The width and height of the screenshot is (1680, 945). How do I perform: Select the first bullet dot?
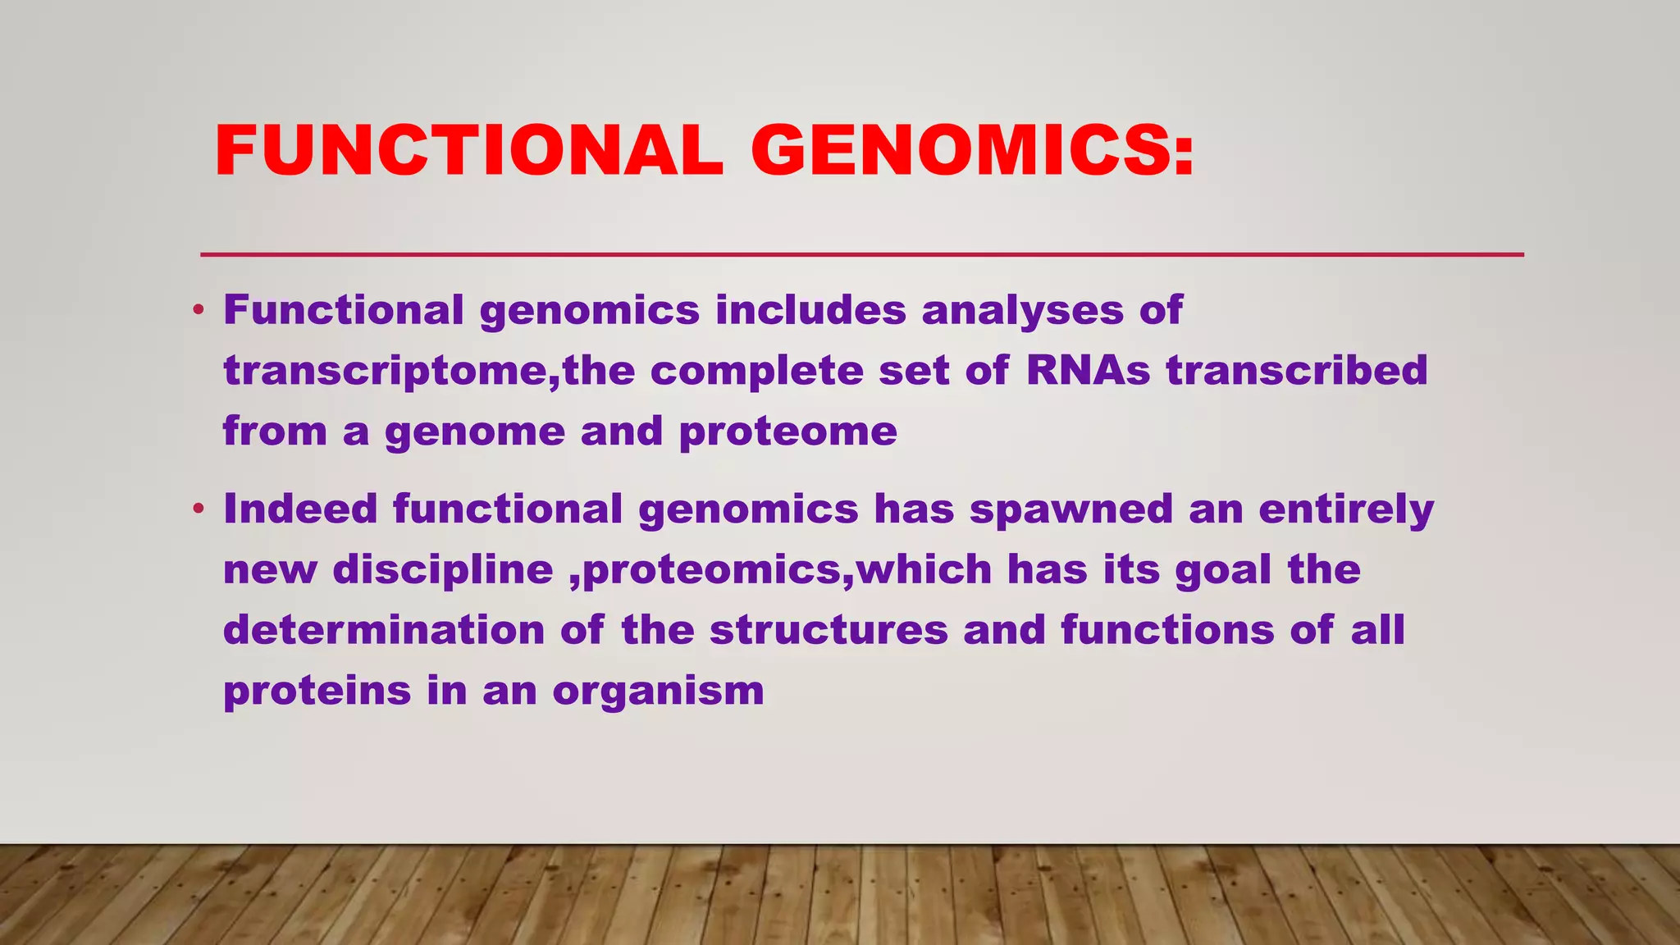coord(198,311)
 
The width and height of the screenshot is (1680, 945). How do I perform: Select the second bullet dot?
coord(198,509)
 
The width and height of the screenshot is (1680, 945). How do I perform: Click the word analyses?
coord(1022,311)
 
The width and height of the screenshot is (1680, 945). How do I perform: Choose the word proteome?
coord(788,432)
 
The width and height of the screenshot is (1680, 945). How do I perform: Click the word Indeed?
coord(300,509)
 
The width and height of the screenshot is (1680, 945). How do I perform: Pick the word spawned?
coord(1071,509)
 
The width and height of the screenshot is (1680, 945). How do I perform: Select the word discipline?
coord(443,570)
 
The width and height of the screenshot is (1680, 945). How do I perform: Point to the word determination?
coord(384,631)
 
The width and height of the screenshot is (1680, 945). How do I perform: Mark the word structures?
coord(829,631)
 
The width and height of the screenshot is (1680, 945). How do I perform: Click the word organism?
coord(658,691)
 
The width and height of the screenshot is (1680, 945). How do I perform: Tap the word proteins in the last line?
coord(317,691)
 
